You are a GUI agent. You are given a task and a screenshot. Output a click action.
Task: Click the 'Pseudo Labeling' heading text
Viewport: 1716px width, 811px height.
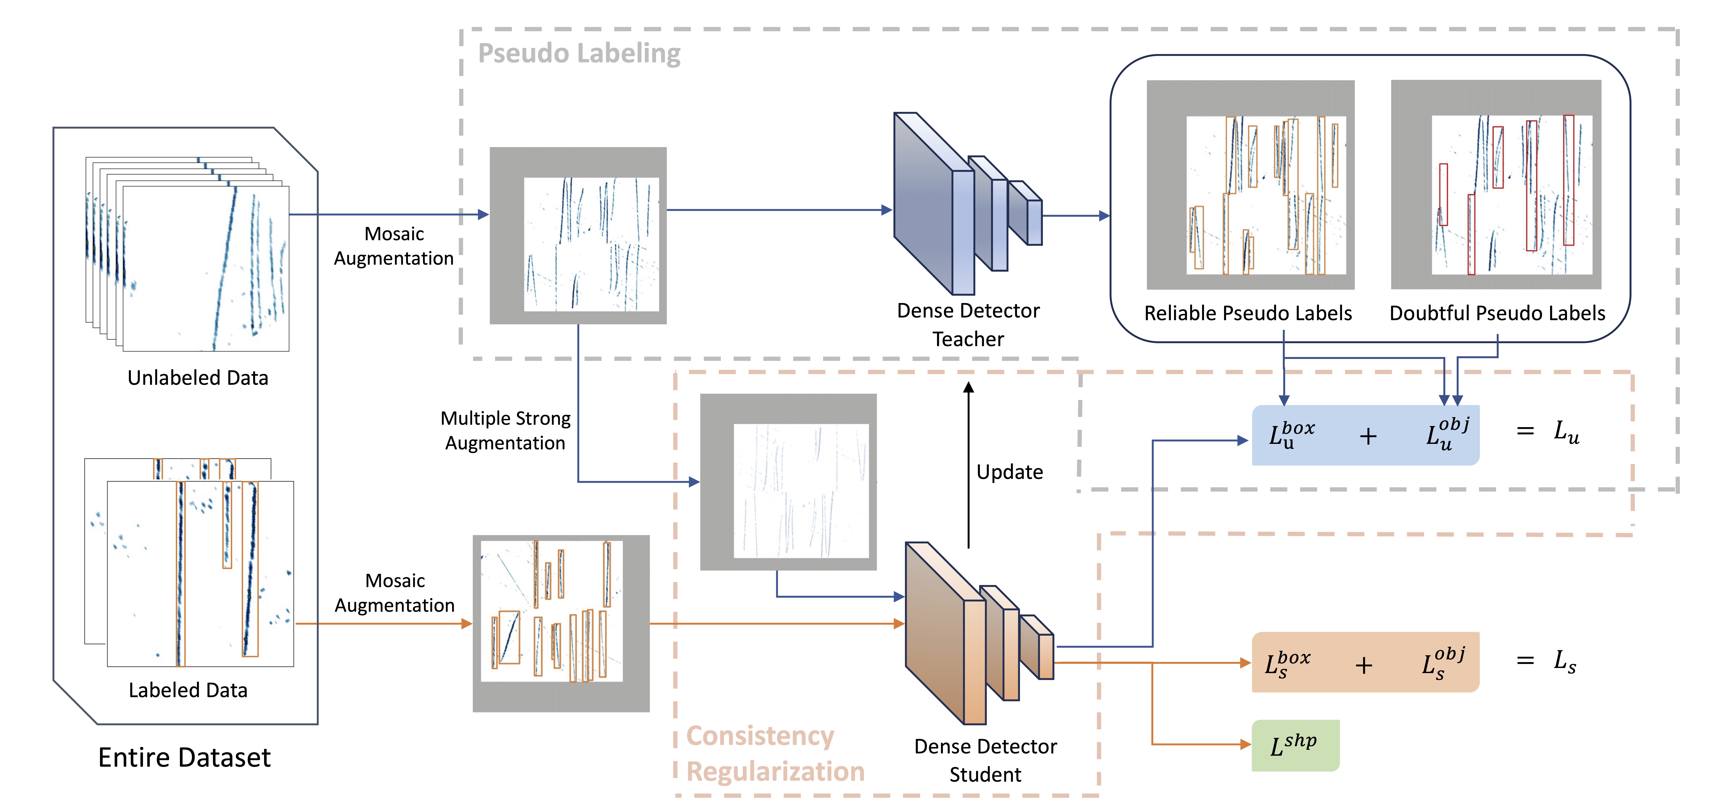pos(579,53)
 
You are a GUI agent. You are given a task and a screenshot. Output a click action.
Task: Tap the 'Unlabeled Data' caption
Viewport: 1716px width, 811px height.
pos(198,378)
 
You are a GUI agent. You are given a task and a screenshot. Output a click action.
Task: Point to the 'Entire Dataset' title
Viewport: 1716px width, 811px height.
pos(185,758)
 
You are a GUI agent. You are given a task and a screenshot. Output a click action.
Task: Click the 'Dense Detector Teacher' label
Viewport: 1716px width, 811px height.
pos(968,325)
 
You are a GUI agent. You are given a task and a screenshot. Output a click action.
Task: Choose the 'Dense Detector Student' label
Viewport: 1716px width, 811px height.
pos(985,760)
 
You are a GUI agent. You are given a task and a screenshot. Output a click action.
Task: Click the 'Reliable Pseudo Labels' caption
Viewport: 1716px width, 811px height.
pos(1248,313)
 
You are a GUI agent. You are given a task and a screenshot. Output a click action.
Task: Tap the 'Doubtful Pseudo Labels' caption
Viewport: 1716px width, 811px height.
pos(1497,313)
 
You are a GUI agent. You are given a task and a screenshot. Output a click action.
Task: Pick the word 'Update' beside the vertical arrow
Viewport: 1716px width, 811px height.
pos(1009,472)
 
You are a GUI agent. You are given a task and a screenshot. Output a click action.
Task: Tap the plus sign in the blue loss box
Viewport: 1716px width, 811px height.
pos(1368,436)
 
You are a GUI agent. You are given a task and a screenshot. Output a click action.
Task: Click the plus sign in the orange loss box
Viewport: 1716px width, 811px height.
pos(1364,665)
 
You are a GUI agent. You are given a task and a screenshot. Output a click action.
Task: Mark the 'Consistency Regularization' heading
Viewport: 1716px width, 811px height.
pos(775,754)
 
